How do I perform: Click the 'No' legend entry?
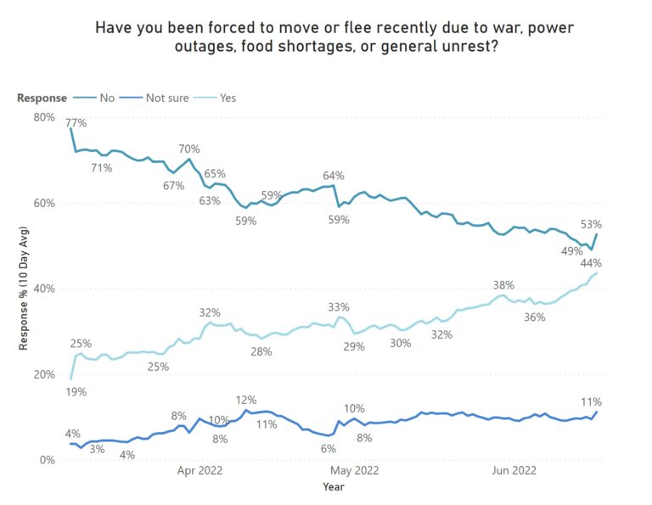tap(107, 98)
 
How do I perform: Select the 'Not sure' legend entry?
tap(166, 98)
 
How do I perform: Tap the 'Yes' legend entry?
tap(228, 98)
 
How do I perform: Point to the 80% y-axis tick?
tap(44, 117)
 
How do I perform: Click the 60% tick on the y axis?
tap(44, 203)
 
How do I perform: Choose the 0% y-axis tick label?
tap(48, 460)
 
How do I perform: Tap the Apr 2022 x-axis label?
tap(200, 470)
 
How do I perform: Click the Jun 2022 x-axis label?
tap(514, 470)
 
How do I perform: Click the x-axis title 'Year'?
tap(334, 487)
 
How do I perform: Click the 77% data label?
tap(76, 123)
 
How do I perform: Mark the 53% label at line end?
tap(591, 225)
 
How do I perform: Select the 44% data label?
tap(591, 262)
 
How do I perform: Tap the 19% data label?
tap(76, 392)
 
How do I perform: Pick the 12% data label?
tap(246, 400)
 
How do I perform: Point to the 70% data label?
tap(189, 149)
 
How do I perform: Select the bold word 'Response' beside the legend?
tap(42, 98)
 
